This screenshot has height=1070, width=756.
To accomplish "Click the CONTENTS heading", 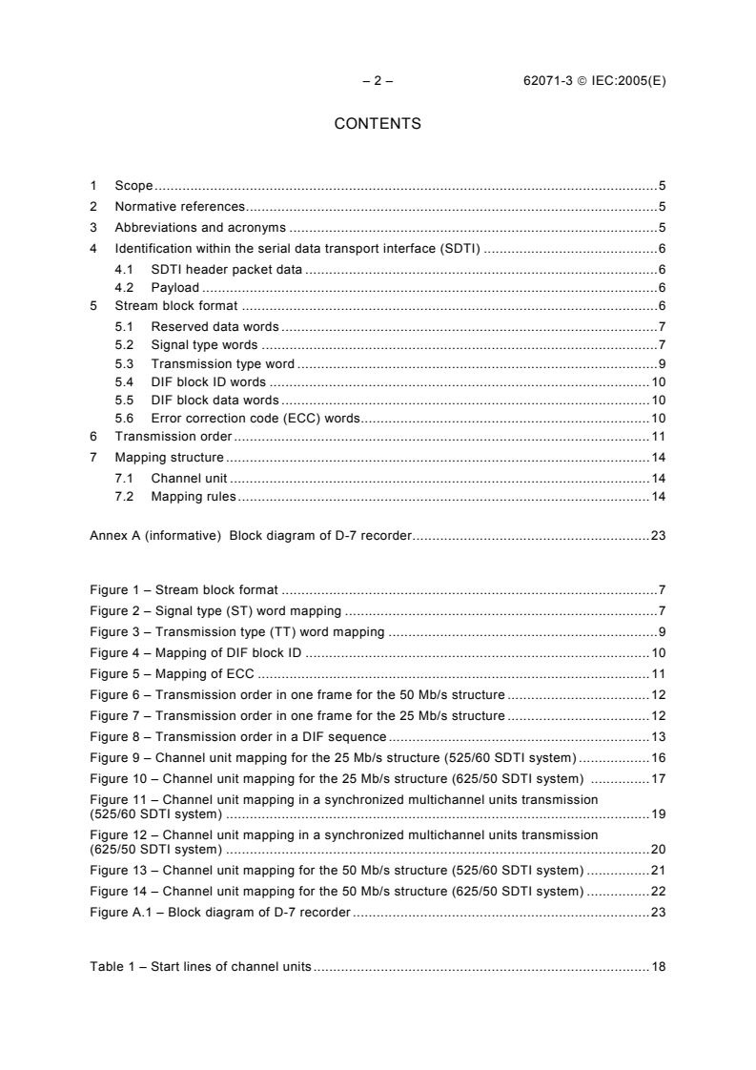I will (x=378, y=124).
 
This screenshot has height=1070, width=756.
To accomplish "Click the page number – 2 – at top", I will (x=378, y=81).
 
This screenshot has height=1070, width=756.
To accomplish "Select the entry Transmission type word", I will (x=223, y=364).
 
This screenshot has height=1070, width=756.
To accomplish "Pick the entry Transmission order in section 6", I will (x=174, y=436).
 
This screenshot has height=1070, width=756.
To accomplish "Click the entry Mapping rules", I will (x=194, y=497).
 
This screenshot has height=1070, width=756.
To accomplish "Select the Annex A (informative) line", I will (x=251, y=537).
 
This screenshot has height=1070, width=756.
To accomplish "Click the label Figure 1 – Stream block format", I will (x=183, y=590).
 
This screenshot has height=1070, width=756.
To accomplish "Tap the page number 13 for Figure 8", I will (x=658, y=736).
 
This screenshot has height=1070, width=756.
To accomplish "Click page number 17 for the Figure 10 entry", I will (x=658, y=778).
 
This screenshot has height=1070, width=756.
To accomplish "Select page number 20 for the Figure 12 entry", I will (x=658, y=849).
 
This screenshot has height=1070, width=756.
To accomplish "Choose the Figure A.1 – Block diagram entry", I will (x=220, y=913).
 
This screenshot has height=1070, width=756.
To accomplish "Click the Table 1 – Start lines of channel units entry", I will (x=200, y=967).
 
